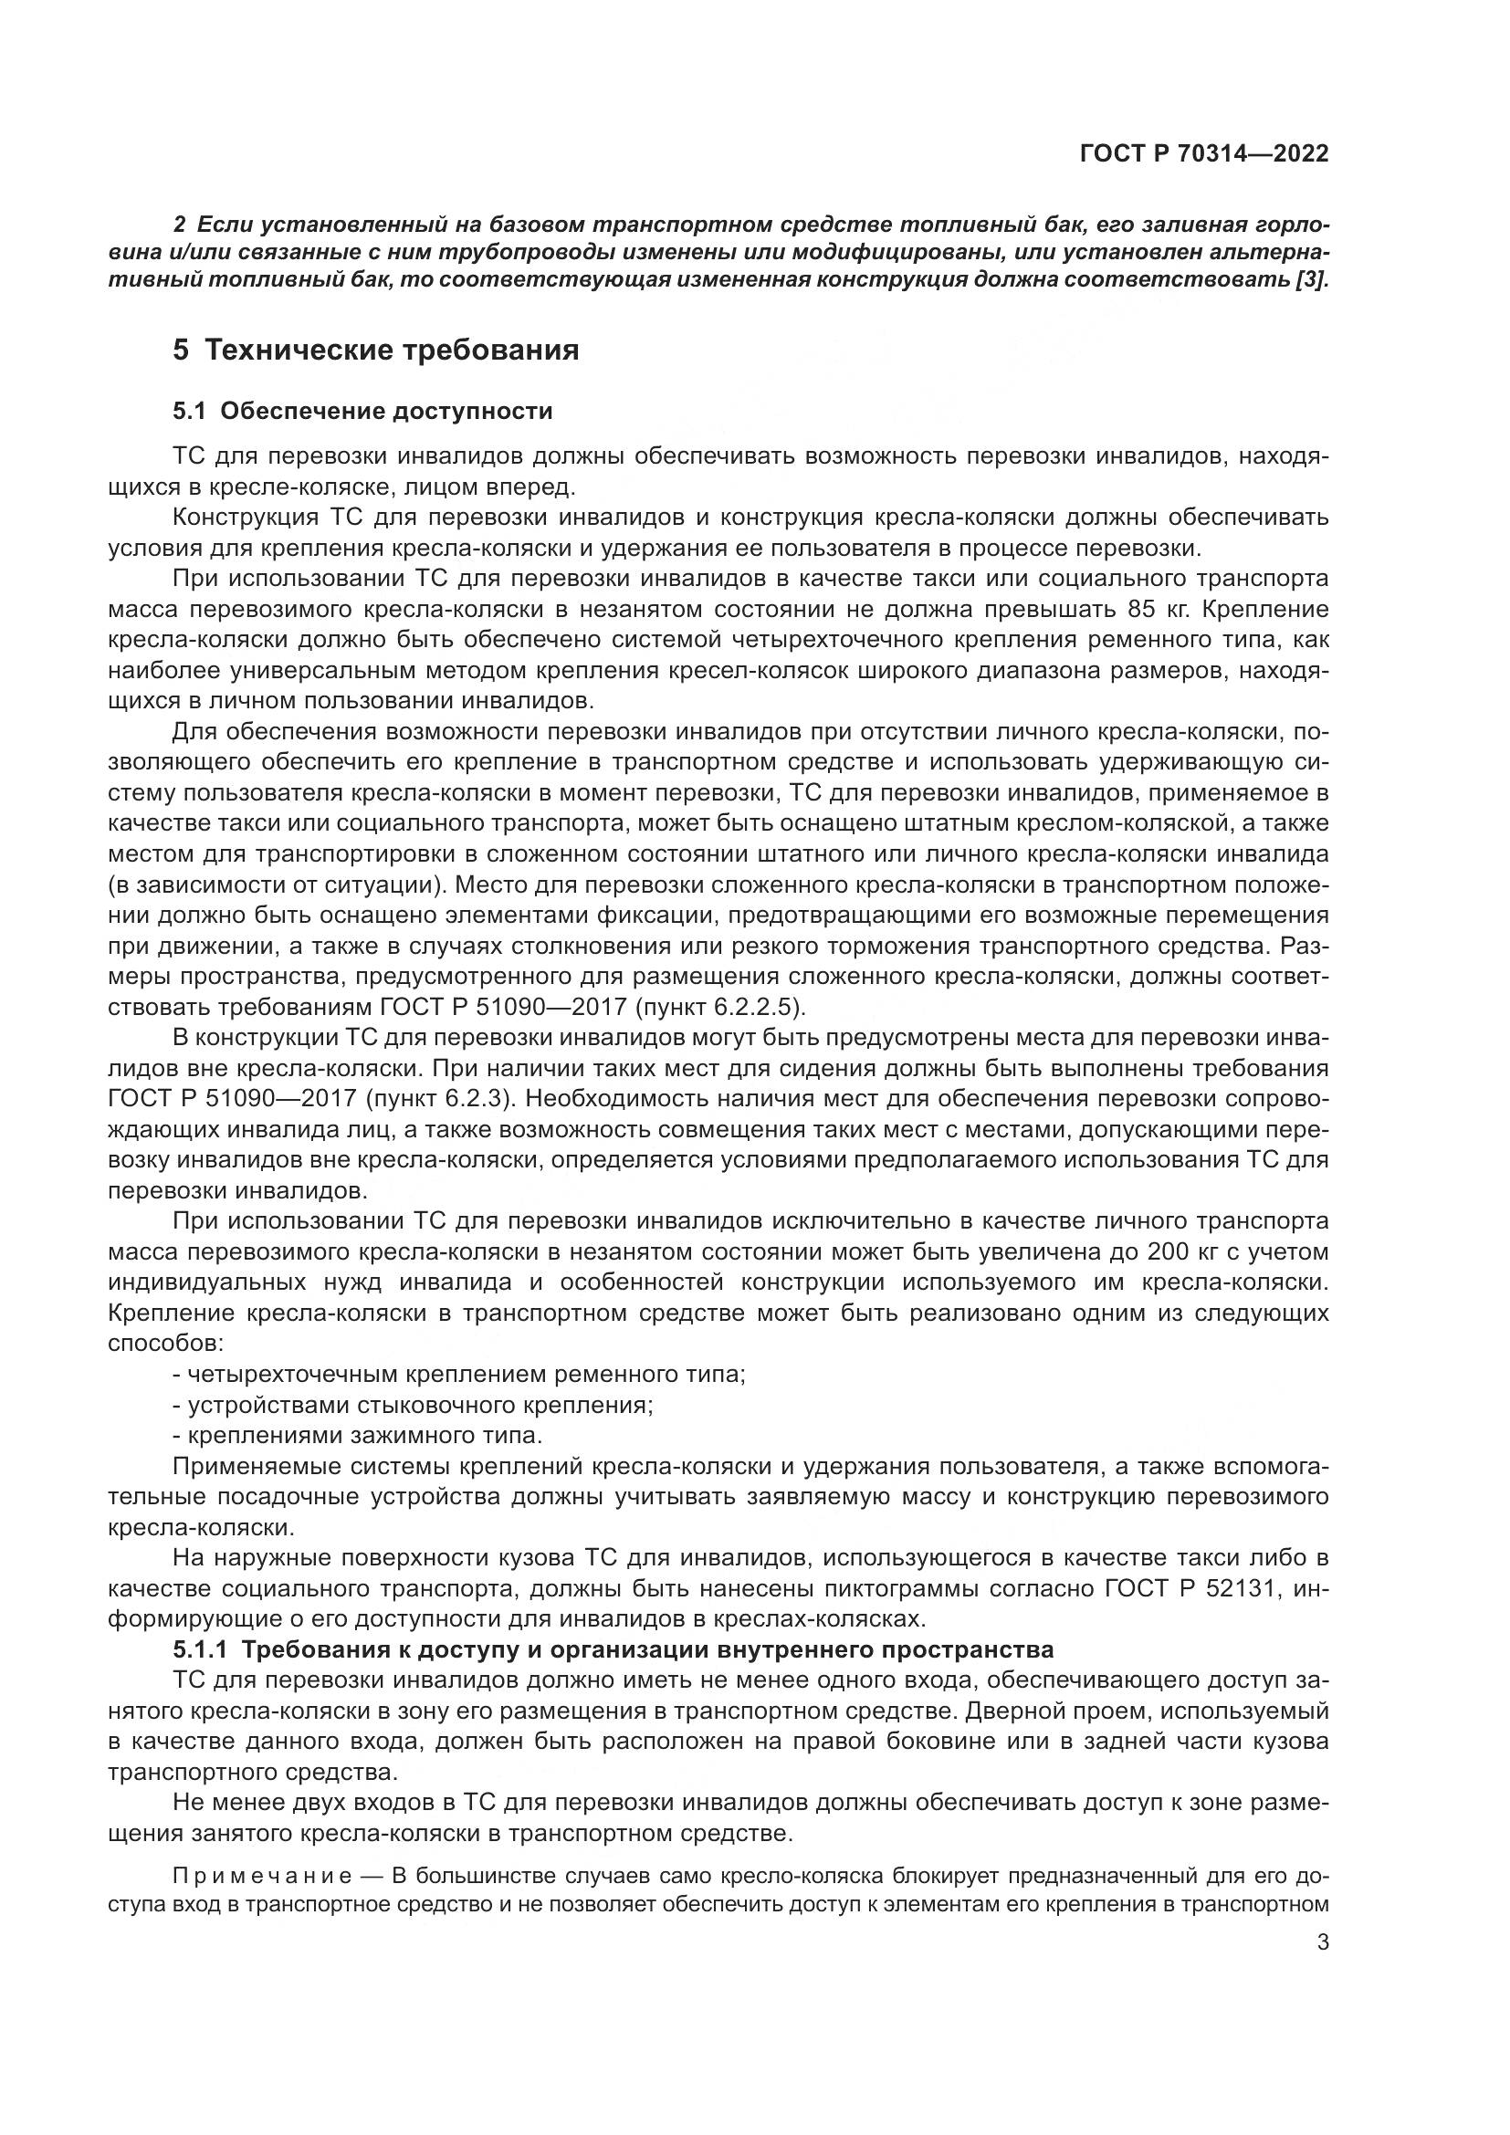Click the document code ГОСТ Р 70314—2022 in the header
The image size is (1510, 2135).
[1203, 154]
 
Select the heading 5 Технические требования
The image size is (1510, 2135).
[375, 351]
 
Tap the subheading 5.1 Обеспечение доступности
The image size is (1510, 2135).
[362, 411]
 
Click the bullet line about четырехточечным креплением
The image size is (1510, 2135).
[459, 1375]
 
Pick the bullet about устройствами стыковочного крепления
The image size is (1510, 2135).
[413, 1404]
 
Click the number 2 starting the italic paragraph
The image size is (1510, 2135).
[180, 225]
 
